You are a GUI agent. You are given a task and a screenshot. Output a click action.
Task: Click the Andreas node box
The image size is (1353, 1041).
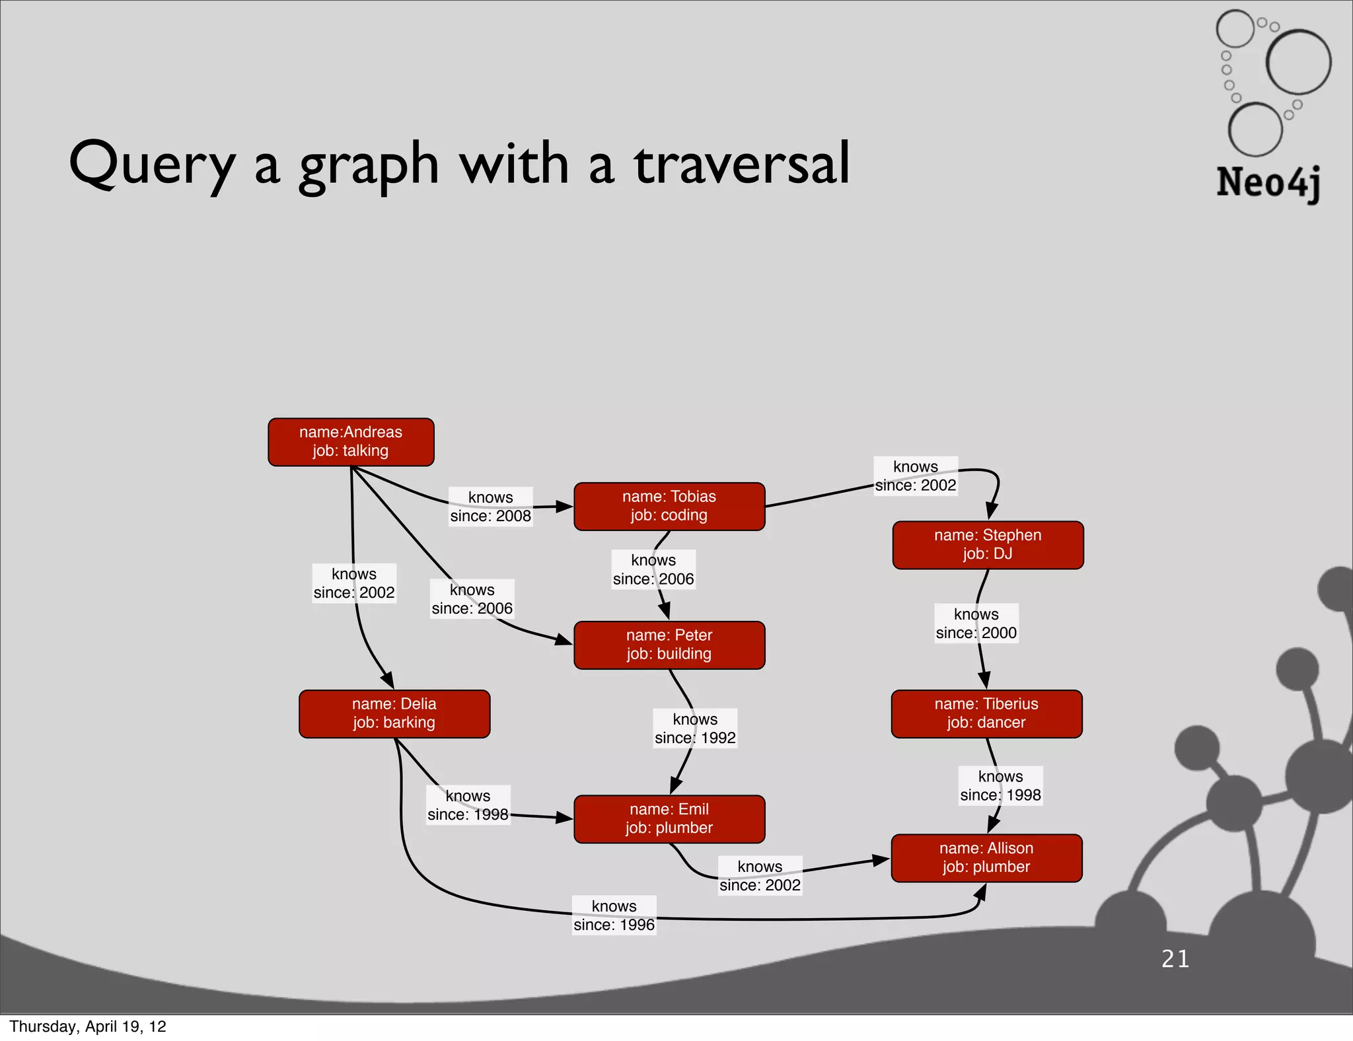coord(351,442)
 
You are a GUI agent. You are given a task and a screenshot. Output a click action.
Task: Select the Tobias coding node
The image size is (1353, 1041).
coord(669,507)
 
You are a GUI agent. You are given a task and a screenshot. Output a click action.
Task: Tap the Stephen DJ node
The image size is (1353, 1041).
coord(988,545)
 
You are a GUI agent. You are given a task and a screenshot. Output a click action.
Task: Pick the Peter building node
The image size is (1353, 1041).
coord(669,645)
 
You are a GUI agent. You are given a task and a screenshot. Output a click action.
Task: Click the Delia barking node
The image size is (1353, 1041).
coord(394,713)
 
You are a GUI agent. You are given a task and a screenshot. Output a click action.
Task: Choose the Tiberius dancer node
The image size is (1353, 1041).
coord(986,713)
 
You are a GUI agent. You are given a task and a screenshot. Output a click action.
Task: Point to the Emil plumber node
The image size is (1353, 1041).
coord(669,819)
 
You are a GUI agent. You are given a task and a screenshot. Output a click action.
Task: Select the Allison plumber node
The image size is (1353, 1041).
coord(986,858)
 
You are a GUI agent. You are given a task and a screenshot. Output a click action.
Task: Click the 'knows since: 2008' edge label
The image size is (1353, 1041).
coord(490,507)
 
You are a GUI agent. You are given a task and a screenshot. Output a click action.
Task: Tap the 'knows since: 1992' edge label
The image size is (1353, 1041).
coord(695,729)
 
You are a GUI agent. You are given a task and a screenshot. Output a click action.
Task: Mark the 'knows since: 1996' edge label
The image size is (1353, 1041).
coord(614,915)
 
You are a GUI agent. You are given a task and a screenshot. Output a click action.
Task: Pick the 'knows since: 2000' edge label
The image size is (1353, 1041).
coord(976,624)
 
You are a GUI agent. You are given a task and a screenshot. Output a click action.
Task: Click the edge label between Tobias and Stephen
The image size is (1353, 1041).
coord(915,476)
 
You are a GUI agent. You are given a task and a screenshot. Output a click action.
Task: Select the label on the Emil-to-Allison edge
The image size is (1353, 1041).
coord(760,876)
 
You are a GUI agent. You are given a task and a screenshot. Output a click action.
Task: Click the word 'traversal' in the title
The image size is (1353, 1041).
coord(741,164)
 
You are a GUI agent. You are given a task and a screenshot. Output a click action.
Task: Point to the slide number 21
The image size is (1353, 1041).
coord(1175,958)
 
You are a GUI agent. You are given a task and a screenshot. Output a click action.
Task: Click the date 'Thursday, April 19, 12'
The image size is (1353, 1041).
coord(88,1026)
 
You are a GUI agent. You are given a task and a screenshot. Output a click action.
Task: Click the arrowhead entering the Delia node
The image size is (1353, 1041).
coord(388,680)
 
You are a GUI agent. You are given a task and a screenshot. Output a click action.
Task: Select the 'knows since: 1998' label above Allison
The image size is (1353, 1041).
coord(1000,786)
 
